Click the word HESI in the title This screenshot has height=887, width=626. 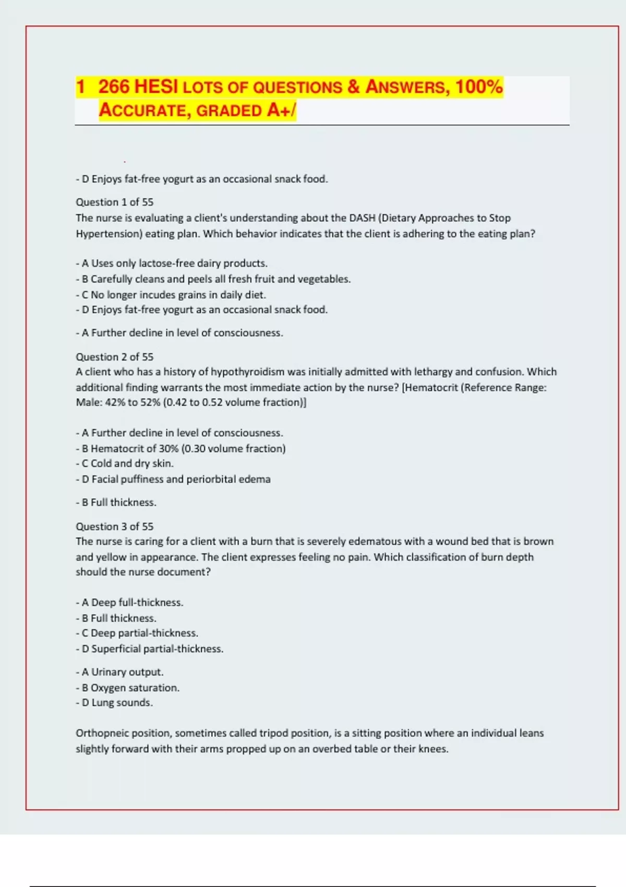click(155, 87)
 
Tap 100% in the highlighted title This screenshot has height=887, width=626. click(479, 87)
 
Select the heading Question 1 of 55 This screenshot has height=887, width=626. click(115, 202)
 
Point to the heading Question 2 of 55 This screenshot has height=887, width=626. click(115, 357)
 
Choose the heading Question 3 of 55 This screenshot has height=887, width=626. click(115, 526)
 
